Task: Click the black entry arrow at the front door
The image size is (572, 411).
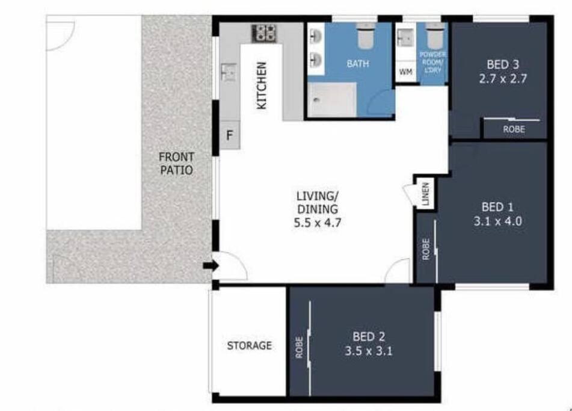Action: click(211, 266)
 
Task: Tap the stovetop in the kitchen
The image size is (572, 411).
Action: click(265, 33)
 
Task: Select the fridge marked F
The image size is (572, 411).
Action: click(229, 135)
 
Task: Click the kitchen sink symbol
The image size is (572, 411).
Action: click(229, 72)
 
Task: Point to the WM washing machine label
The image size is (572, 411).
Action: click(405, 72)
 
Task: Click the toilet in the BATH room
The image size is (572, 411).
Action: click(365, 36)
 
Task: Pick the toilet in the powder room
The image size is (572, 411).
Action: click(434, 36)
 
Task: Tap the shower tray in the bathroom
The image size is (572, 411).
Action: click(331, 100)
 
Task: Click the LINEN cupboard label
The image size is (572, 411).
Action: click(425, 194)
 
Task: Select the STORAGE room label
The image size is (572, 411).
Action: click(250, 345)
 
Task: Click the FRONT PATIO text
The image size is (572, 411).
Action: click(177, 164)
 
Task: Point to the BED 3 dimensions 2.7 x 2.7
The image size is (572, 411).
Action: click(503, 79)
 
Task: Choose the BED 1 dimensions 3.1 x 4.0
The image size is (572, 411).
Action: click(497, 221)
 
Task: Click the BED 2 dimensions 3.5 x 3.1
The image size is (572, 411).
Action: click(369, 351)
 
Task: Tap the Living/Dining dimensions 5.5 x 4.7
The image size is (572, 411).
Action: click(318, 223)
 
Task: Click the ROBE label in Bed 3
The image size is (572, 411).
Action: click(514, 129)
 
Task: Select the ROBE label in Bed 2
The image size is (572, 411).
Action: click(299, 347)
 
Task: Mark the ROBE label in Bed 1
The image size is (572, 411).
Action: click(425, 249)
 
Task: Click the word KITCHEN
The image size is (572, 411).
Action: click(262, 85)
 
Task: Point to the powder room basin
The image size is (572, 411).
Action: click(405, 37)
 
